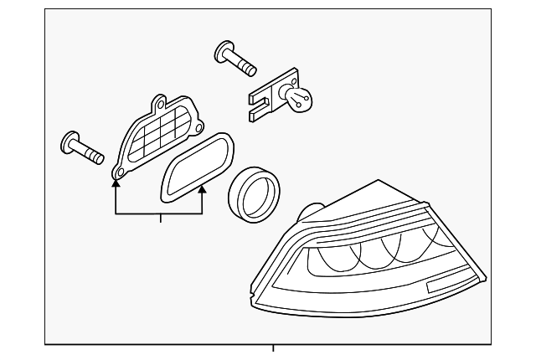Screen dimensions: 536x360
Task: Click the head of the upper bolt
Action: pos(224,49)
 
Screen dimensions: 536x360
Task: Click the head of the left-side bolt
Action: pos(69,142)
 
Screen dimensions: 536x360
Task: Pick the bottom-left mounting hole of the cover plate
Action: pos(118,173)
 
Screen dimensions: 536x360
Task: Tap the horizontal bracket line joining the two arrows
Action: pos(158,213)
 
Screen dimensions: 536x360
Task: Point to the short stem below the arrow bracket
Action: pos(158,219)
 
